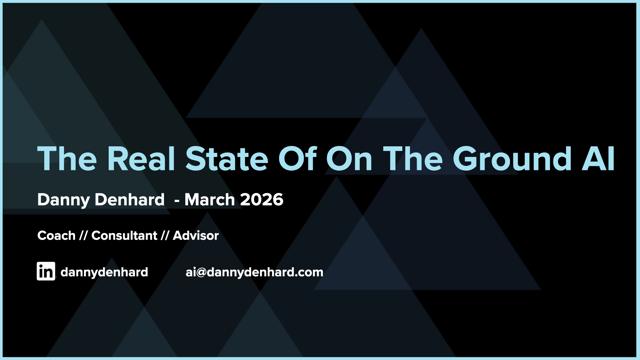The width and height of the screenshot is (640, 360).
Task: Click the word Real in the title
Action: point(141,159)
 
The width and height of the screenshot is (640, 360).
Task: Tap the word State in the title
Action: point(227,159)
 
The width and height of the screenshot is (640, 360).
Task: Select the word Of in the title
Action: point(297,159)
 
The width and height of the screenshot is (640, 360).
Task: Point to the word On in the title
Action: point(349,159)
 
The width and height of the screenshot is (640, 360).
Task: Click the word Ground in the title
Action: point(512,159)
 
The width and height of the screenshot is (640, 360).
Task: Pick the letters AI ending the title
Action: point(598,159)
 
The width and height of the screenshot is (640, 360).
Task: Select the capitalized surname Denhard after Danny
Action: point(129,200)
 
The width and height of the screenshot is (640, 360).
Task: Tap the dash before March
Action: point(177,201)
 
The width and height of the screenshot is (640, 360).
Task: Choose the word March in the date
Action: point(210,200)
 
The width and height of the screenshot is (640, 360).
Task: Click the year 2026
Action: point(262,200)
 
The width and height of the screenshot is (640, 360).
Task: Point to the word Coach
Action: point(56,236)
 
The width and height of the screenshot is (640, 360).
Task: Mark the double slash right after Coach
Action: point(83,236)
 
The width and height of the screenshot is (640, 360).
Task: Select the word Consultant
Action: point(124,236)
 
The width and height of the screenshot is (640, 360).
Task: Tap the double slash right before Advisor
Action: point(165,236)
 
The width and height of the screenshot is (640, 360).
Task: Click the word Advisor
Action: point(196,236)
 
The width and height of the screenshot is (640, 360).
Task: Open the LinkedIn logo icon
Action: point(46,271)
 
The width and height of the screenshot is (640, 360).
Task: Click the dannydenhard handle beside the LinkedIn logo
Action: point(104,272)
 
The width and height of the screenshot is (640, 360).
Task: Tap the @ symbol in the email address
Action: point(202,273)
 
